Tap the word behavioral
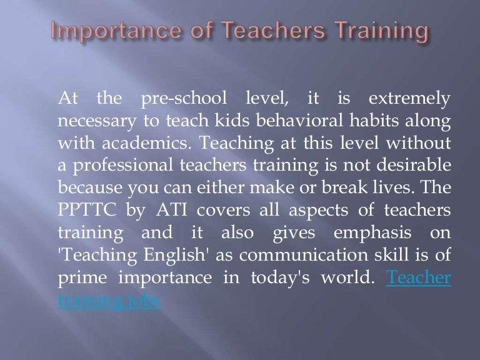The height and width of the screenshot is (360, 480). point(293,121)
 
